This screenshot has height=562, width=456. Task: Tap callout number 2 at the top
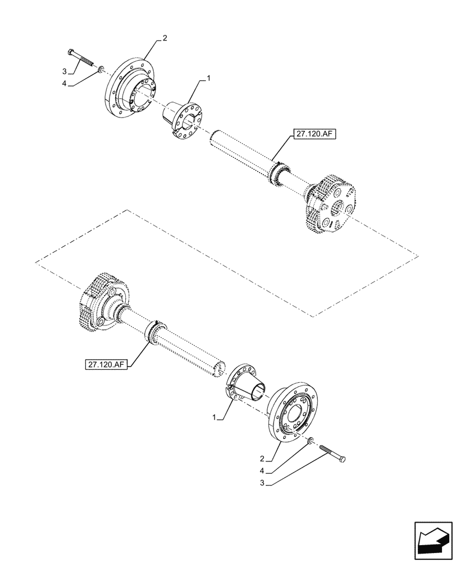click(x=165, y=38)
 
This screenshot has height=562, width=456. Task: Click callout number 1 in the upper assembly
click(x=208, y=80)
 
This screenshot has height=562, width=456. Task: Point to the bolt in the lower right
click(x=333, y=453)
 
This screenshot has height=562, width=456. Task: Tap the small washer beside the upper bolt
click(x=100, y=69)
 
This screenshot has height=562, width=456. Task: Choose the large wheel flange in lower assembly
click(x=294, y=413)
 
